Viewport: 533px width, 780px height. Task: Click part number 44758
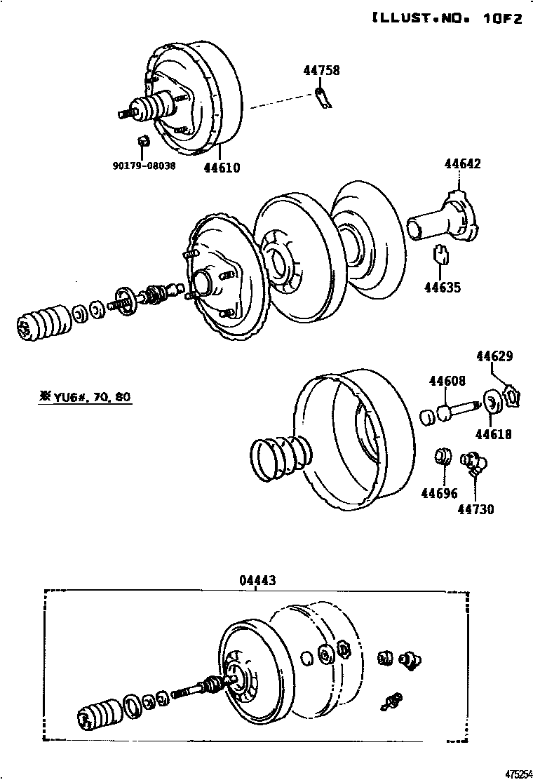(x=321, y=70)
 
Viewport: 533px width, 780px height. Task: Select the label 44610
(x=222, y=168)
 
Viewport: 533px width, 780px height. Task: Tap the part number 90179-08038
(x=143, y=166)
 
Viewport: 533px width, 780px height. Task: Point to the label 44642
(x=462, y=163)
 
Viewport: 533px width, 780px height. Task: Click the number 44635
(x=443, y=288)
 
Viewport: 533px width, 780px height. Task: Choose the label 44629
(x=494, y=356)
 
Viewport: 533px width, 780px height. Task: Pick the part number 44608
(x=447, y=381)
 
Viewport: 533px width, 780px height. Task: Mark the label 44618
(x=493, y=435)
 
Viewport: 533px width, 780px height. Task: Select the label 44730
(x=476, y=509)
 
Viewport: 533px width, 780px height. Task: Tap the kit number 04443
(x=257, y=580)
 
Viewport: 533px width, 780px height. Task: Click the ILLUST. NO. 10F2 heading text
(x=446, y=19)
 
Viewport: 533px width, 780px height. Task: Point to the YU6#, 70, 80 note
(x=85, y=397)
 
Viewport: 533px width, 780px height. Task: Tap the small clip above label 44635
(x=442, y=253)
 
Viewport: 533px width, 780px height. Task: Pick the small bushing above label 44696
(x=442, y=457)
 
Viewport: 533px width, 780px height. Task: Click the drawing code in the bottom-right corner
(x=518, y=773)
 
